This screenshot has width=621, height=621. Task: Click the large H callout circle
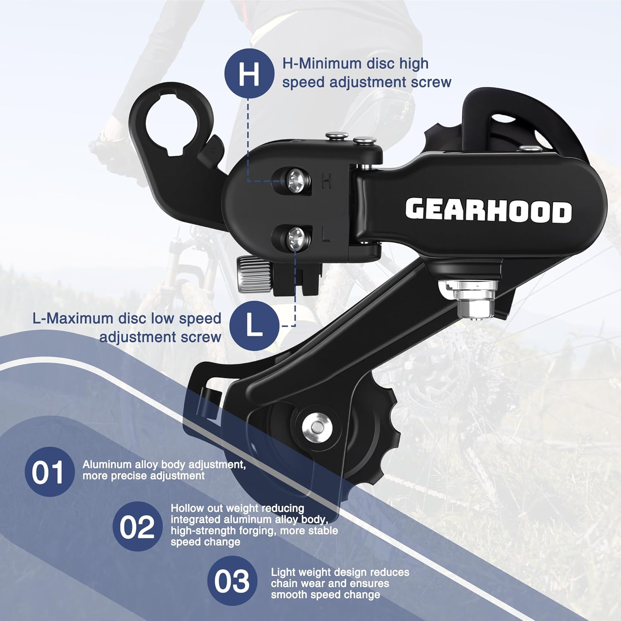[249, 73]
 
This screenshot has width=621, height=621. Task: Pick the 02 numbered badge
[137, 526]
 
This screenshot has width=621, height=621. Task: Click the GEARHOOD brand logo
[489, 211]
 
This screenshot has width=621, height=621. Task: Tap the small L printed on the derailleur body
[326, 235]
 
